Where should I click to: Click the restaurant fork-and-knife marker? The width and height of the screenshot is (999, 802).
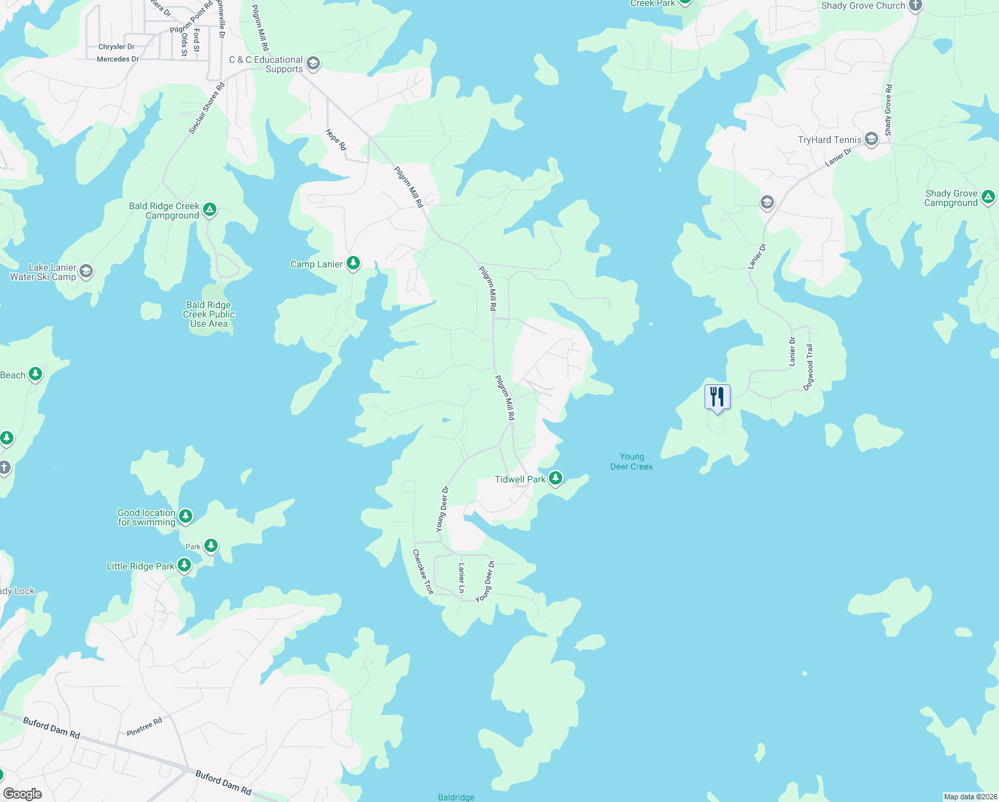(717, 397)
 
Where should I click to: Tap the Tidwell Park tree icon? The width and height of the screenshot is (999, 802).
(555, 479)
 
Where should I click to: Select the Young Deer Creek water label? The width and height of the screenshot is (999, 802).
(632, 462)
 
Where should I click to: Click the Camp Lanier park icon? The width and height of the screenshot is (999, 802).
(353, 263)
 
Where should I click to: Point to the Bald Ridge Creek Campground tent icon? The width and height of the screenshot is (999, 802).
(210, 210)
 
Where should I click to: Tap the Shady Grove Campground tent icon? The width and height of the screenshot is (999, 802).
(988, 197)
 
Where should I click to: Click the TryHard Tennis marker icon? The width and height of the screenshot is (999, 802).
(871, 139)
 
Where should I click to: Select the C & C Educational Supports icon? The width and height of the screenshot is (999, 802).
(313, 64)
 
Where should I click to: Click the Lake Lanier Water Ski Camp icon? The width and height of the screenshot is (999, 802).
(86, 271)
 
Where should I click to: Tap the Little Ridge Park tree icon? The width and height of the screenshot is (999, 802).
(184, 565)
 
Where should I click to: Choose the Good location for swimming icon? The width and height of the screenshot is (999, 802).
(186, 516)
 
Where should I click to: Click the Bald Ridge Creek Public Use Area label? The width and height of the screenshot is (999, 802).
(209, 314)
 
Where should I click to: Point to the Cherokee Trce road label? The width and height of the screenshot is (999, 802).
(423, 571)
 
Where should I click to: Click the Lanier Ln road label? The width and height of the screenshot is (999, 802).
(461, 577)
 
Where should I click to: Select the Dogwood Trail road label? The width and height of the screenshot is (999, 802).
(809, 367)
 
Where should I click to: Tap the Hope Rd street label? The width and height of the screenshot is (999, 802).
(337, 139)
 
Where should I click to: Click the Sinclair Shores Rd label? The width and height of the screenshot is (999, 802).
(206, 108)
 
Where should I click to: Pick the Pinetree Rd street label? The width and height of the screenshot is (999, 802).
(144, 727)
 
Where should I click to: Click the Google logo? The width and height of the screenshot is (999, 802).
(23, 794)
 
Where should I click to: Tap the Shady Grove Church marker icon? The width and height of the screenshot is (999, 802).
(916, 6)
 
